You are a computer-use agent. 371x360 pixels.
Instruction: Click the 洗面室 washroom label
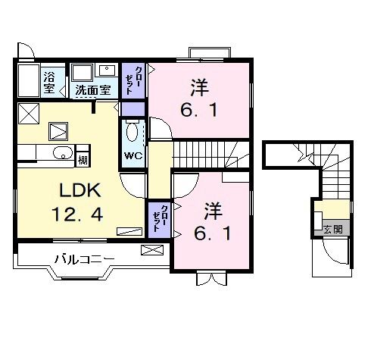[x=93, y=90]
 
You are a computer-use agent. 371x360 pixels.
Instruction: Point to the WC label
[x=132, y=156]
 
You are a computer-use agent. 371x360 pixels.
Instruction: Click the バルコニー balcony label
[x=83, y=259]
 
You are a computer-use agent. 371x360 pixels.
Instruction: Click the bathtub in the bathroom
[x=27, y=80]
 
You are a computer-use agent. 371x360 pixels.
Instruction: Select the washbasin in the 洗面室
[x=107, y=71]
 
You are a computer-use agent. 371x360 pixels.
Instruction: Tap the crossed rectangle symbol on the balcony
[x=150, y=249]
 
